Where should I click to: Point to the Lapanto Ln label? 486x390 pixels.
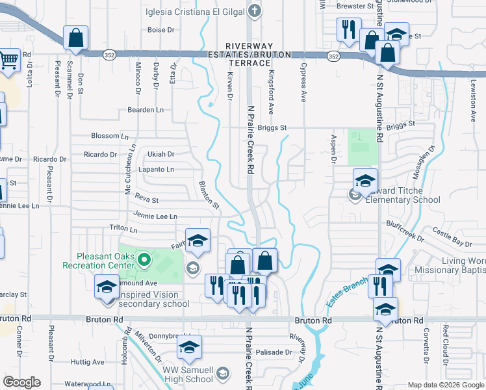157,170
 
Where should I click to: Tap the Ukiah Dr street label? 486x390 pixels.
161,155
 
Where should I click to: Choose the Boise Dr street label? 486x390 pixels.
161,30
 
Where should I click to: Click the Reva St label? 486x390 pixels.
146,201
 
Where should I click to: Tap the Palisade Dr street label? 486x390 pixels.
279,352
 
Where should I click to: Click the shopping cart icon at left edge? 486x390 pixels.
8,60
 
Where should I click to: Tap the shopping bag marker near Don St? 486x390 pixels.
75,37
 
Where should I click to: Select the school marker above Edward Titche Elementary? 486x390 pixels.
365,180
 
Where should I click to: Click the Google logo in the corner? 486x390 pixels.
22,382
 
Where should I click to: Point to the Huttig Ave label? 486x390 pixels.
88,362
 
